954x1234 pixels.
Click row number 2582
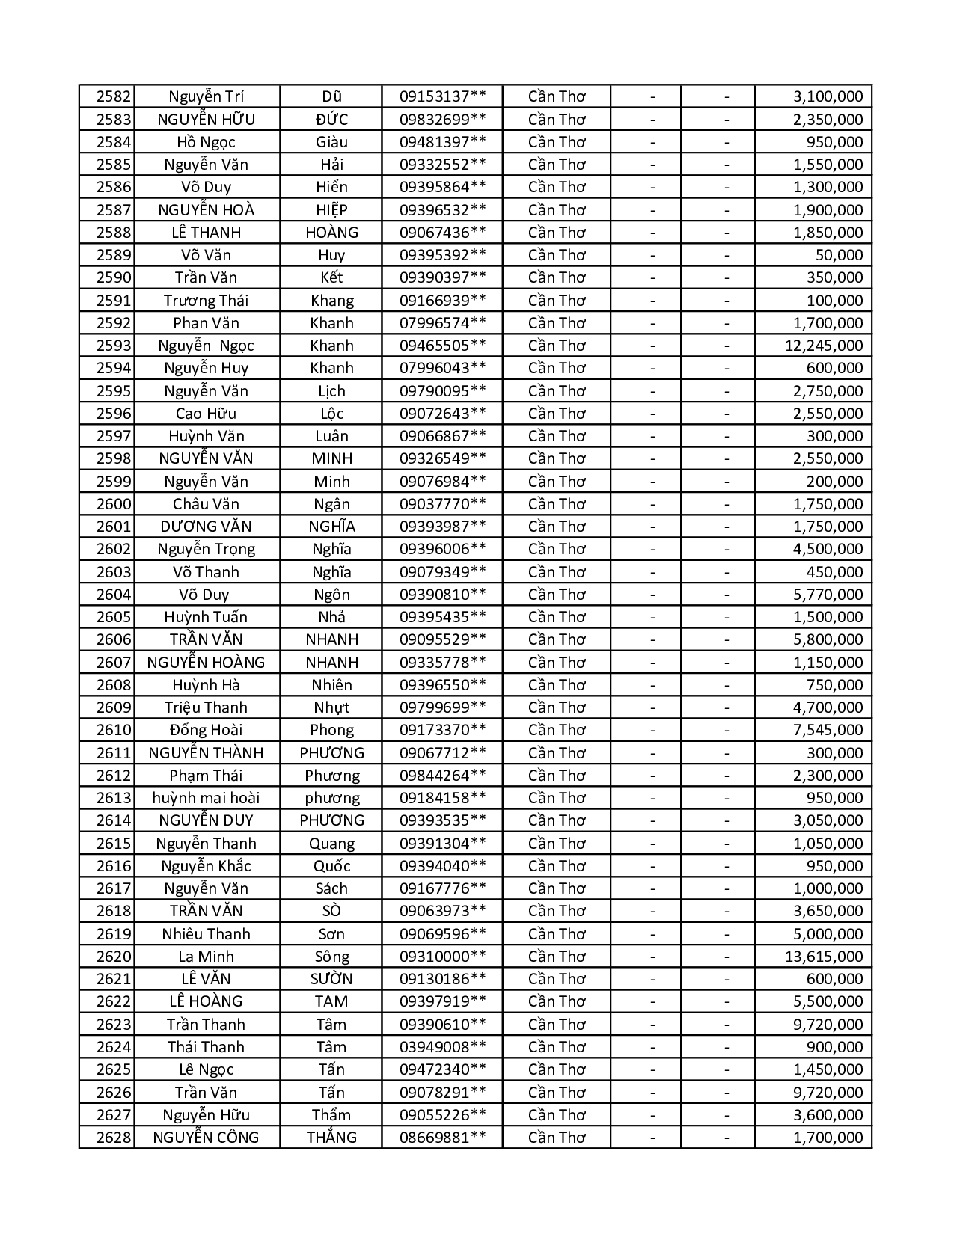[x=114, y=96]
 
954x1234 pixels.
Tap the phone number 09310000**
[x=442, y=957]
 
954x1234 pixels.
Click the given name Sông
[x=331, y=957]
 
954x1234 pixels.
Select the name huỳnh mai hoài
[x=206, y=798]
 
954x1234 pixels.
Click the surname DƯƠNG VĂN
[x=206, y=527]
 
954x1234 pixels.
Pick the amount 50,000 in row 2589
[x=839, y=255]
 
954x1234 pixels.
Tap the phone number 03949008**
[x=442, y=1047]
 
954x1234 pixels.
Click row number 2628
[x=114, y=1138]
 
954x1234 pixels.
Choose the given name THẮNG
[x=331, y=1138]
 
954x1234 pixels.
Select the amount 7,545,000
[x=828, y=730]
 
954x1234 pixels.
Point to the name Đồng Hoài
[x=206, y=730]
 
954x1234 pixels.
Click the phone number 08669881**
[x=442, y=1138]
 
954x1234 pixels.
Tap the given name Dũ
[x=331, y=96]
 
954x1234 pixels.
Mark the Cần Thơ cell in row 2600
[x=557, y=504]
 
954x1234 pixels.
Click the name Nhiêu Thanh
[x=206, y=934]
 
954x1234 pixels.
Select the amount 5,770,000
[x=828, y=595]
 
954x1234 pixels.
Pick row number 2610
[x=114, y=730]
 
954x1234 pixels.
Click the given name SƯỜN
[x=331, y=979]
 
